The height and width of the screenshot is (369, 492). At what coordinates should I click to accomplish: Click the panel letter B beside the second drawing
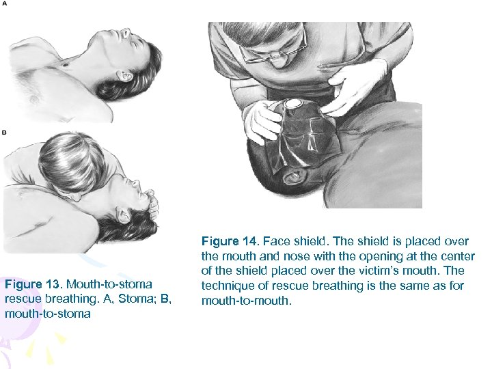click(x=5, y=132)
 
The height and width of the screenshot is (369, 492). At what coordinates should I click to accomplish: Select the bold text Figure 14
click(x=230, y=241)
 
